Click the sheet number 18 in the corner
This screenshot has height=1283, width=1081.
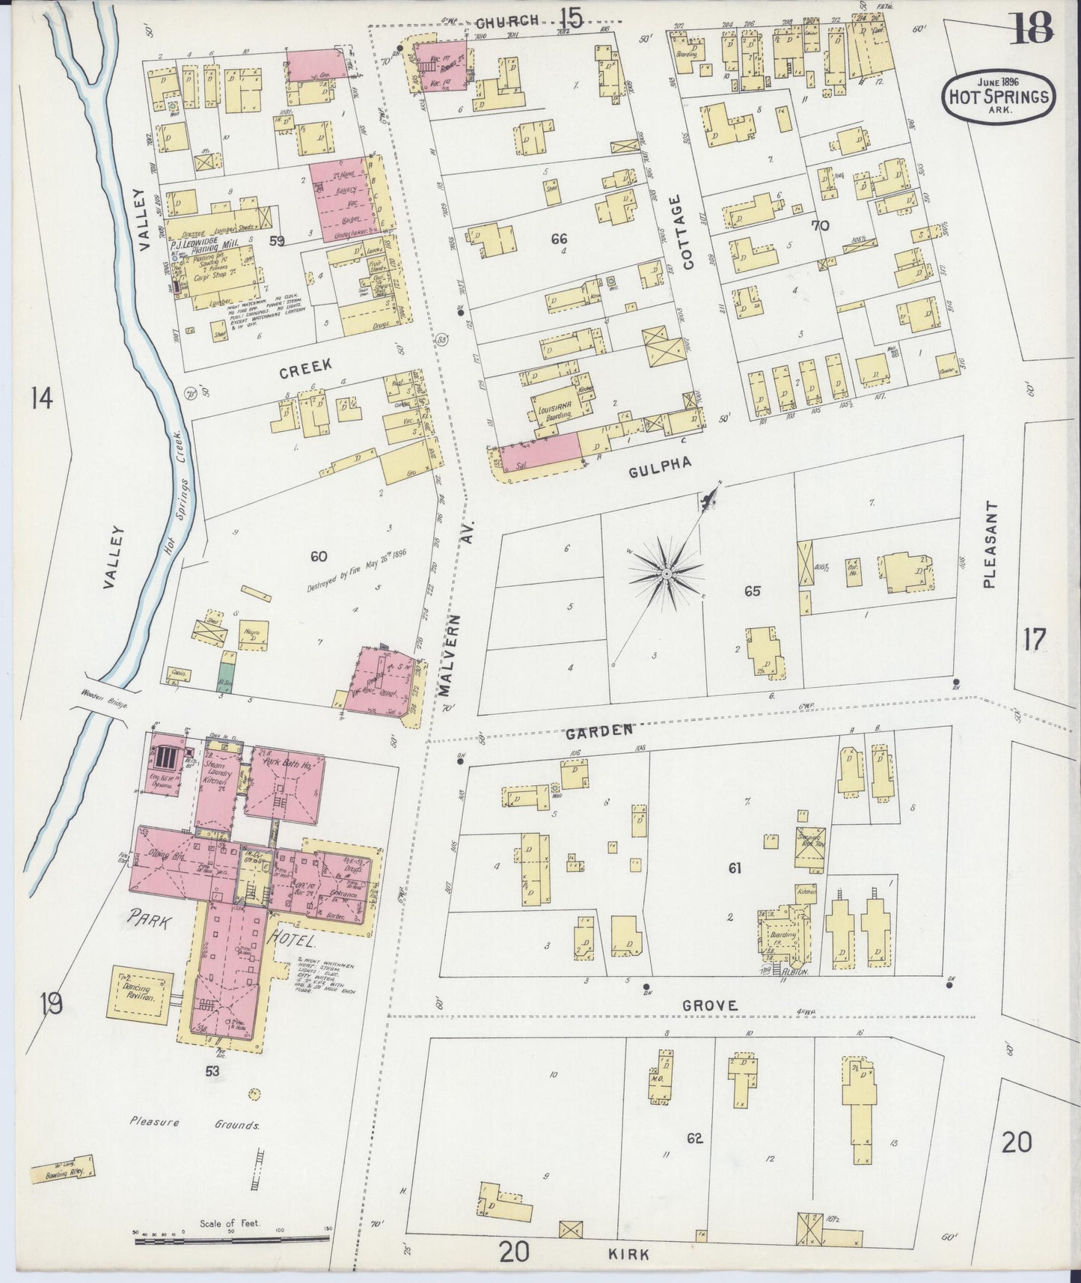pos(1032,28)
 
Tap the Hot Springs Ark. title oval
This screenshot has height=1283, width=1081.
pos(998,94)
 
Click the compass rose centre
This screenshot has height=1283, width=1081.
pos(664,574)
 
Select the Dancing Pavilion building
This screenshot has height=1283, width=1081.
pos(141,995)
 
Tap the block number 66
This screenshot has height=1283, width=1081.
pos(558,239)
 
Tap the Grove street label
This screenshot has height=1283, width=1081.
pos(710,1006)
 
